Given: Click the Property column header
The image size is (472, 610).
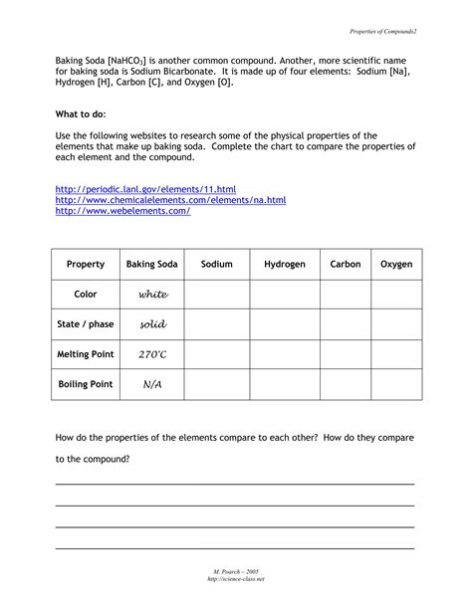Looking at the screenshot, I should pyautogui.click(x=86, y=265).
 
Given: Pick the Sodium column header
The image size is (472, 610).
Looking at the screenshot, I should pyautogui.click(x=216, y=265).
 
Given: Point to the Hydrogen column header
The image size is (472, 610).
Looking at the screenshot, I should pyautogui.click(x=285, y=265).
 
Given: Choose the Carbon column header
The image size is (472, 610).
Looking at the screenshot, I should pyautogui.click(x=346, y=265).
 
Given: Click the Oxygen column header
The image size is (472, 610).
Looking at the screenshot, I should pyautogui.click(x=396, y=265).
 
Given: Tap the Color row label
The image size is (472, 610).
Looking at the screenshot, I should pyautogui.click(x=86, y=295).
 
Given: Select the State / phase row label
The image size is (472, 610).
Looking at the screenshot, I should pyautogui.click(x=86, y=324).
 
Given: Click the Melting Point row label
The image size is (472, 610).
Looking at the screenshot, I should pyautogui.click(x=86, y=354).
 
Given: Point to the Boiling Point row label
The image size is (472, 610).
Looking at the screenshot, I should pyautogui.click(x=86, y=384).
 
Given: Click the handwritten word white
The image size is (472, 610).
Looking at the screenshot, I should pyautogui.click(x=153, y=295).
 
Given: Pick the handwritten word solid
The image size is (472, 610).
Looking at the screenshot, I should pyautogui.click(x=152, y=324).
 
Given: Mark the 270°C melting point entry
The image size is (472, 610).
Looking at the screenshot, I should pyautogui.click(x=152, y=354).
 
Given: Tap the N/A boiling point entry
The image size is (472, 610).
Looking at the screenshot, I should pyautogui.click(x=152, y=384).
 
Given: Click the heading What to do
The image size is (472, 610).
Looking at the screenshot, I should pyautogui.click(x=80, y=114).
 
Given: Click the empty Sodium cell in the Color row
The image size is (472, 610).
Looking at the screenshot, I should pyautogui.click(x=216, y=295).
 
